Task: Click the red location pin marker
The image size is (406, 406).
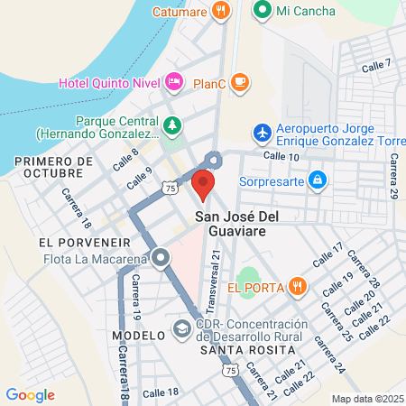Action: pyautogui.click(x=203, y=185)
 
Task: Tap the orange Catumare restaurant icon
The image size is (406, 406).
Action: pyautogui.click(x=221, y=11)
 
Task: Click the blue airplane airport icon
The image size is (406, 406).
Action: pyautogui.click(x=263, y=134)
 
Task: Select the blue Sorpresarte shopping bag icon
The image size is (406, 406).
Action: pyautogui.click(x=317, y=180)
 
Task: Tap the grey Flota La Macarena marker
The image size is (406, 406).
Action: pyautogui.click(x=161, y=259)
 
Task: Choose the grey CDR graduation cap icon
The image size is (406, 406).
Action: pyautogui.click(x=181, y=327)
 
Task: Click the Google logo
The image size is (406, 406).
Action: pyautogui.click(x=30, y=394)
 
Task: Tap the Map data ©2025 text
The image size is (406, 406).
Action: pyautogui.click(x=366, y=399)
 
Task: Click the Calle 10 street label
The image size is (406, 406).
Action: pyautogui.click(x=281, y=156)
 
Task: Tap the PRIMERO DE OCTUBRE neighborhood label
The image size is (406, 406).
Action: pyautogui.click(x=54, y=166)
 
